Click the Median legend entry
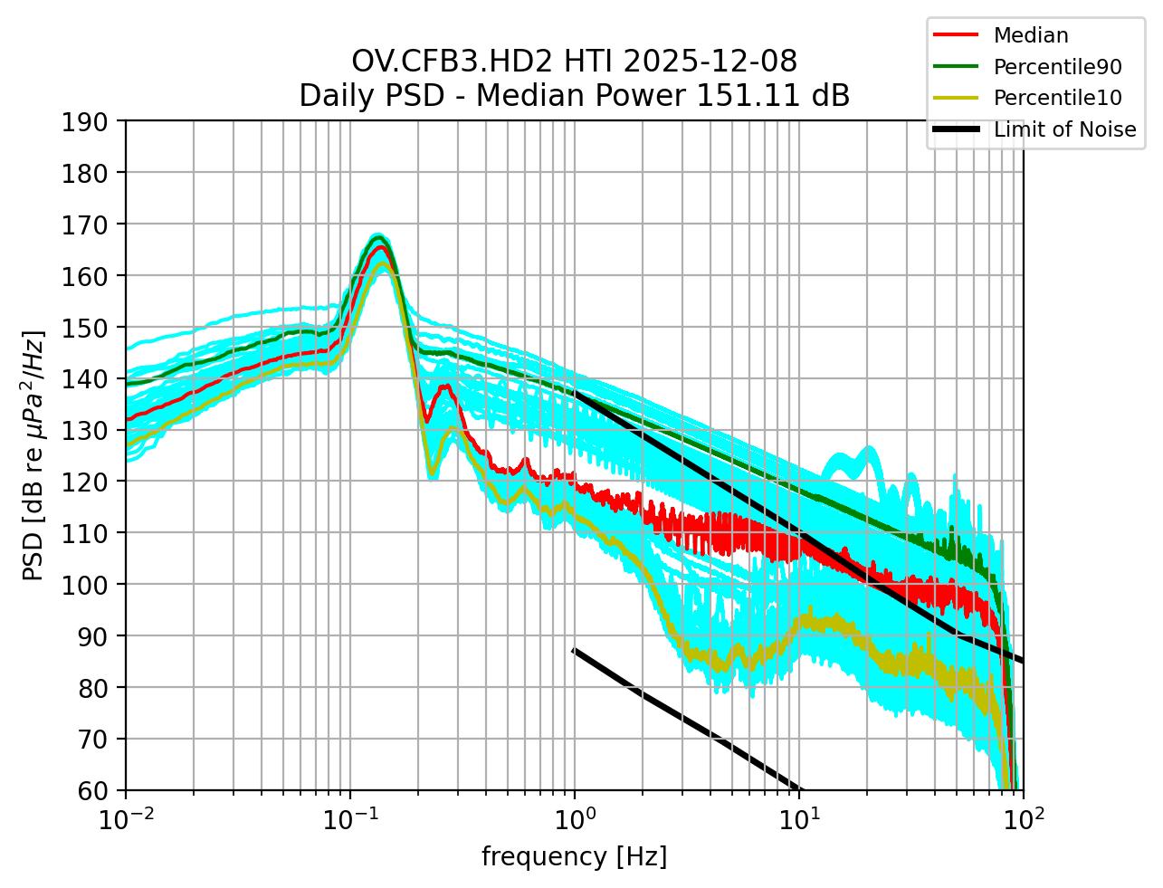[x=1030, y=35]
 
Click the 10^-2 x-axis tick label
[x=125, y=821]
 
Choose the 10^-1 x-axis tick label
[x=349, y=821]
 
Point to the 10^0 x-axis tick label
[x=574, y=821]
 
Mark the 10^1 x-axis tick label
[x=798, y=821]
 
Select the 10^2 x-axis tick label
[x=1023, y=821]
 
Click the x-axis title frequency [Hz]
[x=574, y=856]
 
